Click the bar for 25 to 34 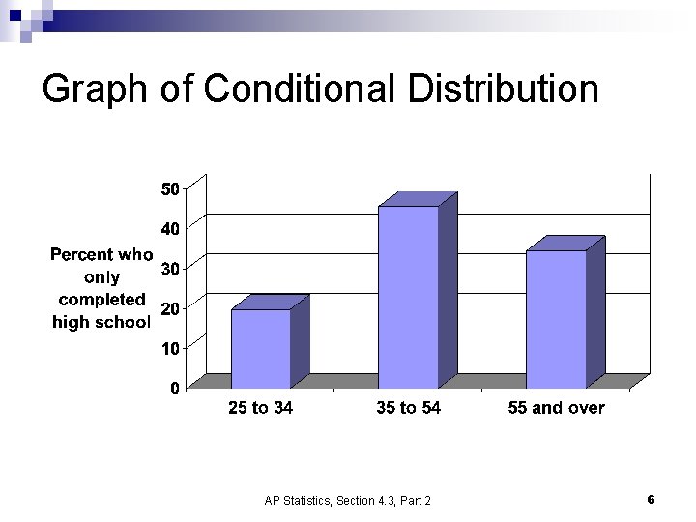point(261,348)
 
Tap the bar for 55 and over point(556,319)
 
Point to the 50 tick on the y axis point(169,188)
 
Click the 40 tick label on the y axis point(169,229)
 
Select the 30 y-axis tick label point(169,269)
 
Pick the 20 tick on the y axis point(169,308)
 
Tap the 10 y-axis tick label point(169,348)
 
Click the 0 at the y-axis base point(174,389)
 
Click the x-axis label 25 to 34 point(260,408)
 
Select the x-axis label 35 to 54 point(408,408)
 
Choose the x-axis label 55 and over point(556,408)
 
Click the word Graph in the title point(94,89)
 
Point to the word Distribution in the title point(504,89)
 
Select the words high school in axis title point(101,322)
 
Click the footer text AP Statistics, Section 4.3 point(348,500)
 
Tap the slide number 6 point(651,499)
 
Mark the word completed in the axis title point(101,300)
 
